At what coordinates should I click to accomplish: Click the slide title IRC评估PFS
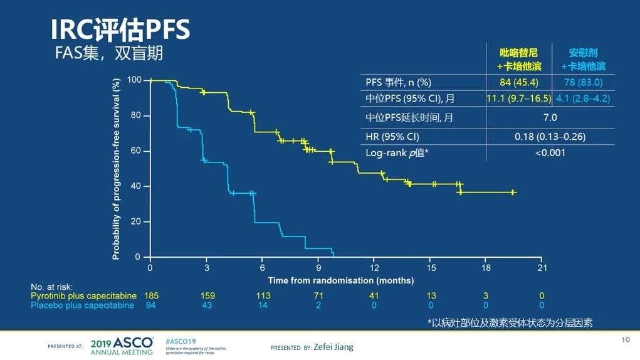pyautogui.click(x=120, y=29)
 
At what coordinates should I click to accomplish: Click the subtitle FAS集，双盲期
pyautogui.click(x=110, y=54)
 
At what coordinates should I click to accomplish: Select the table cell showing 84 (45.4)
pyautogui.click(x=518, y=82)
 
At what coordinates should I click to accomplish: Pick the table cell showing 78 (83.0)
pyautogui.click(x=583, y=82)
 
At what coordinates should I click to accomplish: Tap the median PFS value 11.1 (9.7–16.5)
pyautogui.click(x=518, y=98)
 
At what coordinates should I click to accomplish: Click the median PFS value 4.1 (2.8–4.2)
pyautogui.click(x=583, y=98)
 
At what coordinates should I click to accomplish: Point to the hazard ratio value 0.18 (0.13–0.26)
pyautogui.click(x=550, y=135)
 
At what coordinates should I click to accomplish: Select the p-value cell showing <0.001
pyautogui.click(x=550, y=152)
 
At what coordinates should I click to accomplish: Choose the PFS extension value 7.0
pyautogui.click(x=550, y=117)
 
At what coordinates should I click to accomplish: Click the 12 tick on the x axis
pyautogui.click(x=374, y=268)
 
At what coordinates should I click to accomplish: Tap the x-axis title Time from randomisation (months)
pyautogui.click(x=341, y=280)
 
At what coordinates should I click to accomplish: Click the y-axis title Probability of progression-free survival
pyautogui.click(x=116, y=168)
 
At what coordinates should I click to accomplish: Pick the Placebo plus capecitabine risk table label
pyautogui.click(x=82, y=305)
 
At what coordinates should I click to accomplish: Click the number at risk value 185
pyautogui.click(x=151, y=295)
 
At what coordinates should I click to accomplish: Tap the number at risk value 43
pyautogui.click(x=207, y=305)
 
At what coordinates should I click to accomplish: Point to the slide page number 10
pyautogui.click(x=625, y=340)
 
